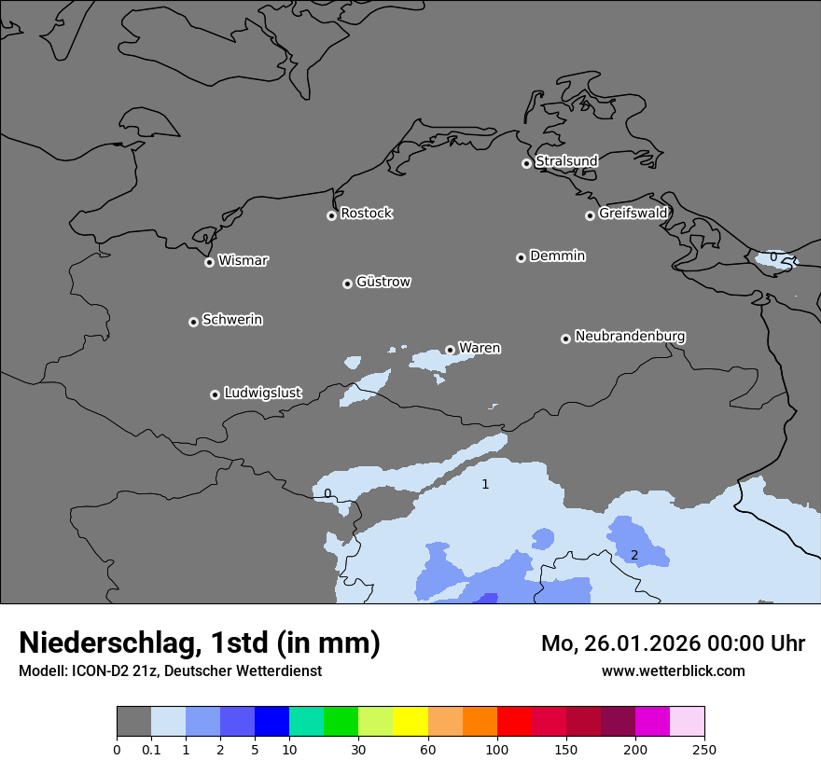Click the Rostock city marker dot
click(331, 215)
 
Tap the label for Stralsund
click(566, 161)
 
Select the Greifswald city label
click(633, 214)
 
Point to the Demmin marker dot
click(521, 257)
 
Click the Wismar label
click(243, 261)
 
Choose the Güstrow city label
click(383, 282)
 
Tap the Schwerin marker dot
click(193, 322)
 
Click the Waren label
click(480, 349)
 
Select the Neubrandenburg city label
click(630, 337)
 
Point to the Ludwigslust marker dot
click(215, 394)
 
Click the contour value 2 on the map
click(634, 555)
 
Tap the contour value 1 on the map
click(485, 484)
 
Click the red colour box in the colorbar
click(513, 722)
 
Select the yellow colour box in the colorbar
click(410, 722)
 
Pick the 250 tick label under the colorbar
click(704, 749)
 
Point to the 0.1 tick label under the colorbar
click(151, 749)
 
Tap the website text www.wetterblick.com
click(673, 671)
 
